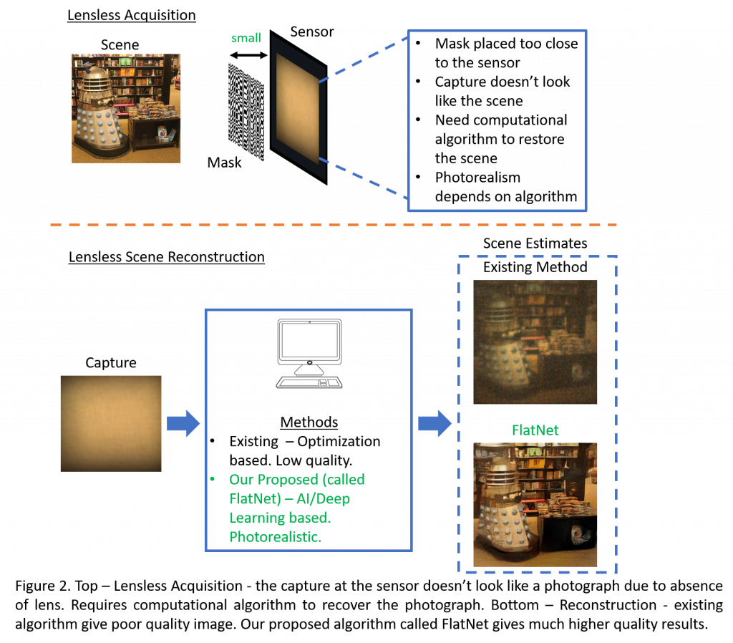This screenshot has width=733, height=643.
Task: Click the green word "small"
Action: [246, 38]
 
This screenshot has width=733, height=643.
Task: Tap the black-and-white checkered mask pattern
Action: [246, 112]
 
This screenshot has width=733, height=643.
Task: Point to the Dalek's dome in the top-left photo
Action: [97, 77]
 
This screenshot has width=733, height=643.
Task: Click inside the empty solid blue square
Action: [497, 120]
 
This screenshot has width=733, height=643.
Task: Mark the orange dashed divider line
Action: [333, 225]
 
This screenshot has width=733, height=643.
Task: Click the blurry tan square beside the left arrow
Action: [111, 423]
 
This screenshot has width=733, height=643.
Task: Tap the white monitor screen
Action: [309, 340]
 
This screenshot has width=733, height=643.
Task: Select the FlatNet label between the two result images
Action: [535, 430]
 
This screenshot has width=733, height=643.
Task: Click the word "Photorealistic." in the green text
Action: [275, 536]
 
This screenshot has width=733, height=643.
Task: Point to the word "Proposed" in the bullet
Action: [288, 479]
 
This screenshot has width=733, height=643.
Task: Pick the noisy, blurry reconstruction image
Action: [535, 342]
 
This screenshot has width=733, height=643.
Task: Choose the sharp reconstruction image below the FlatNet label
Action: [535, 505]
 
